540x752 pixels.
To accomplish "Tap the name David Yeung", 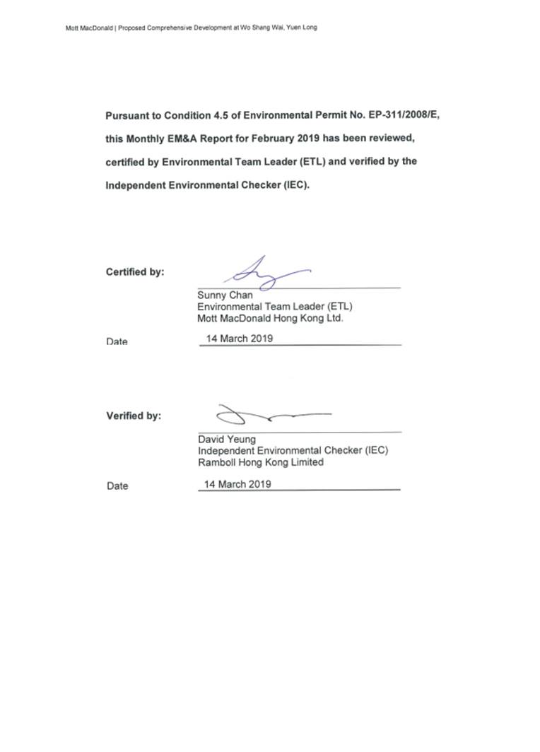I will click(227, 440).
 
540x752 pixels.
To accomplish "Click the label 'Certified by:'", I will click(135, 271).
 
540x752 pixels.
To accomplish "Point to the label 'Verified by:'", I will click(134, 416).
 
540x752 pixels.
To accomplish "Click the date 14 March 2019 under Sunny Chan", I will click(239, 338).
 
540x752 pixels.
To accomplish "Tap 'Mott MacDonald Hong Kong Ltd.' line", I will click(270, 318).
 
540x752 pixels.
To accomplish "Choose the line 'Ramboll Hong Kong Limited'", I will click(261, 462).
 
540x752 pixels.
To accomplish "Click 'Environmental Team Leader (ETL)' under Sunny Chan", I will click(274, 307).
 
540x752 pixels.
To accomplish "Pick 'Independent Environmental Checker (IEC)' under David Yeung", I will click(293, 451).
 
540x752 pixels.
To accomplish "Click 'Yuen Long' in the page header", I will click(311, 28).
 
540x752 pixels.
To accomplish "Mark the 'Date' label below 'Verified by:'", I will click(117, 486).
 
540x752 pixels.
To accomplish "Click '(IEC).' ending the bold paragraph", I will click(295, 184).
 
